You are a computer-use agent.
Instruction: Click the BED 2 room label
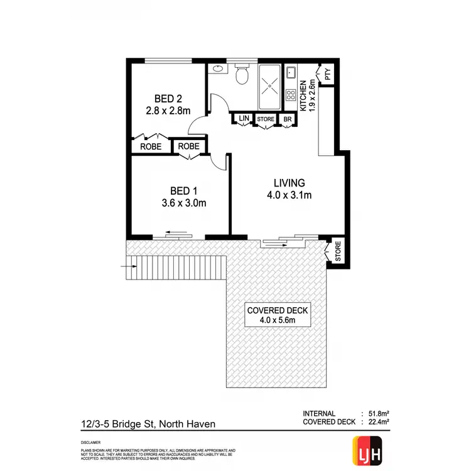(x=168, y=99)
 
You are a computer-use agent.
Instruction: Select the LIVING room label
(x=289, y=183)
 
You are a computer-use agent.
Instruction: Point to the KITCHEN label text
(x=303, y=96)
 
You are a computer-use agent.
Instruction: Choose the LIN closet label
(x=243, y=119)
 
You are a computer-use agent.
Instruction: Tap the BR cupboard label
(x=288, y=119)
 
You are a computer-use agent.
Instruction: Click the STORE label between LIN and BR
(x=266, y=119)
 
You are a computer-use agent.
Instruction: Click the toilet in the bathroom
(x=241, y=76)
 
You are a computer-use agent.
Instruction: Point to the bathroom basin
(x=217, y=69)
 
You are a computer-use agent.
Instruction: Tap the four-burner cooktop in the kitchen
(x=291, y=95)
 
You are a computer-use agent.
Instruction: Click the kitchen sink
(x=291, y=73)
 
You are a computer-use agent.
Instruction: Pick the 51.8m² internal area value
(x=377, y=413)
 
